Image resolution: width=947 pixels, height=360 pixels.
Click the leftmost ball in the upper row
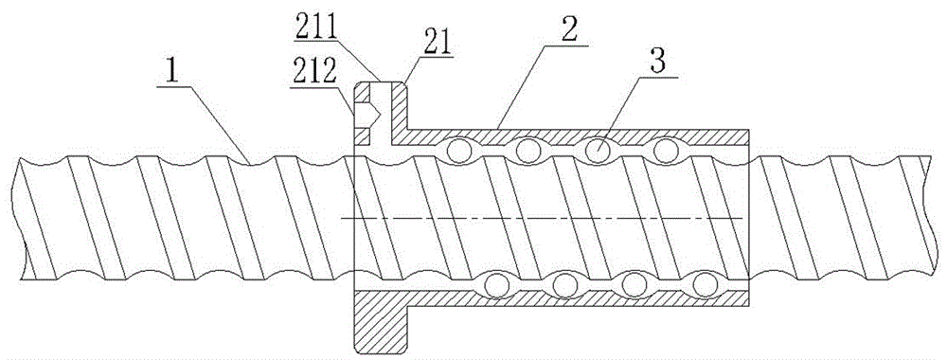[x=459, y=152]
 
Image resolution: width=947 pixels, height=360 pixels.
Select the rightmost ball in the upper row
[x=666, y=151]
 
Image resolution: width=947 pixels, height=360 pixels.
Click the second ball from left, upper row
[x=527, y=151]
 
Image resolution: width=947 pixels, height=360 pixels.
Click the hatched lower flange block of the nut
[x=380, y=321]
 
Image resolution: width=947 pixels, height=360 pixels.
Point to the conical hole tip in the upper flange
[x=379, y=113]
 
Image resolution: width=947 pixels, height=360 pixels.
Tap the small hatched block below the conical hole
[x=361, y=135]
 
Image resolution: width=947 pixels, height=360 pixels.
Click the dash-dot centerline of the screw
[x=544, y=218]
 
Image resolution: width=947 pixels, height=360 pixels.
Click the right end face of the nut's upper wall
[x=749, y=137]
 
